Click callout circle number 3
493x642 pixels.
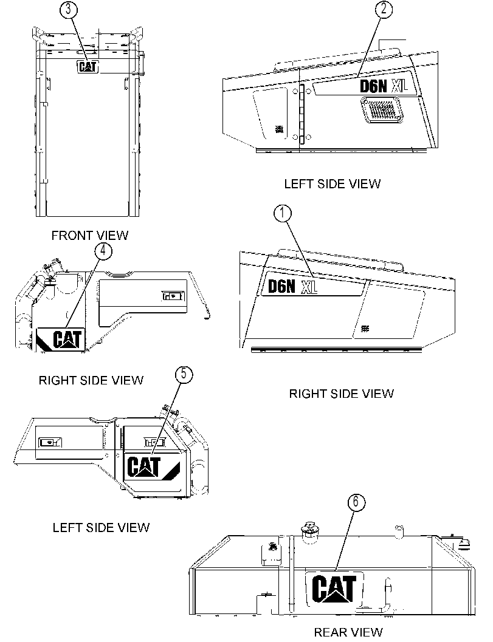pos(69,10)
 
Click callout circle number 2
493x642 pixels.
pos(384,10)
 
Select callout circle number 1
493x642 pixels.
pos(282,213)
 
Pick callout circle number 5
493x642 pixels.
pos(184,374)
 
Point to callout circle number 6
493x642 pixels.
pos(356,502)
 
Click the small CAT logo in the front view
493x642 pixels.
pos(88,66)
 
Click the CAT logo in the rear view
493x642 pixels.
pos(334,589)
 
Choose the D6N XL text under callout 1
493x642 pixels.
pos(292,286)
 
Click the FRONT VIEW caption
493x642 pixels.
pos(90,236)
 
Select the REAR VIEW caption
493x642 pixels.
pos(348,632)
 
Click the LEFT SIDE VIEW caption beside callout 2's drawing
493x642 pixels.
pos(333,184)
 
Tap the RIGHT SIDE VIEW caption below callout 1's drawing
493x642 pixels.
pos(342,394)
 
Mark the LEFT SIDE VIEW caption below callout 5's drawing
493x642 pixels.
pos(101,527)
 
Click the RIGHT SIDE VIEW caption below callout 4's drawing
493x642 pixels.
pos(91,380)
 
